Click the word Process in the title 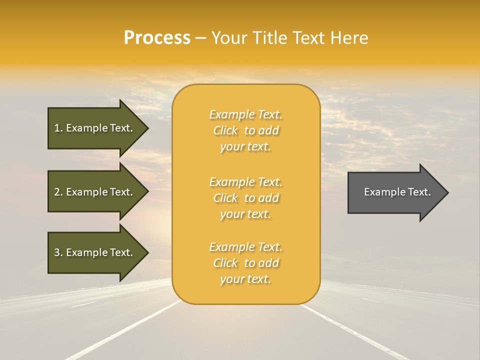[157, 38]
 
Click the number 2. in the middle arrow [58, 192]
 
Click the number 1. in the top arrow [58, 128]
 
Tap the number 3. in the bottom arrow [58, 252]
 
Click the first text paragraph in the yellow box [245, 130]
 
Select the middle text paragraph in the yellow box [245, 198]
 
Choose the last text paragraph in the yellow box [245, 263]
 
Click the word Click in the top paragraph [225, 130]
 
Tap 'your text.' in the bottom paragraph [245, 279]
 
